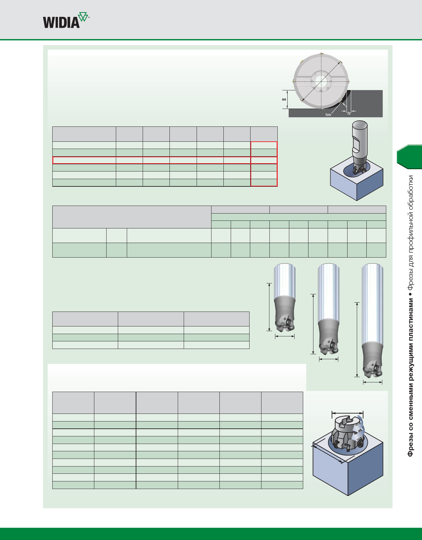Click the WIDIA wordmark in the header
click(x=61, y=23)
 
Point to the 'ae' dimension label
click(x=284, y=99)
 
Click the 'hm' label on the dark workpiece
click(x=328, y=115)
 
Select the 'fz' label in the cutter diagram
click(x=349, y=113)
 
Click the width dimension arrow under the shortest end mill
click(x=285, y=336)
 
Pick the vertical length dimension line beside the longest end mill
click(x=357, y=339)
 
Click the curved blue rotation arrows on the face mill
click(x=359, y=432)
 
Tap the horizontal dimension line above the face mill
click(x=348, y=413)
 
